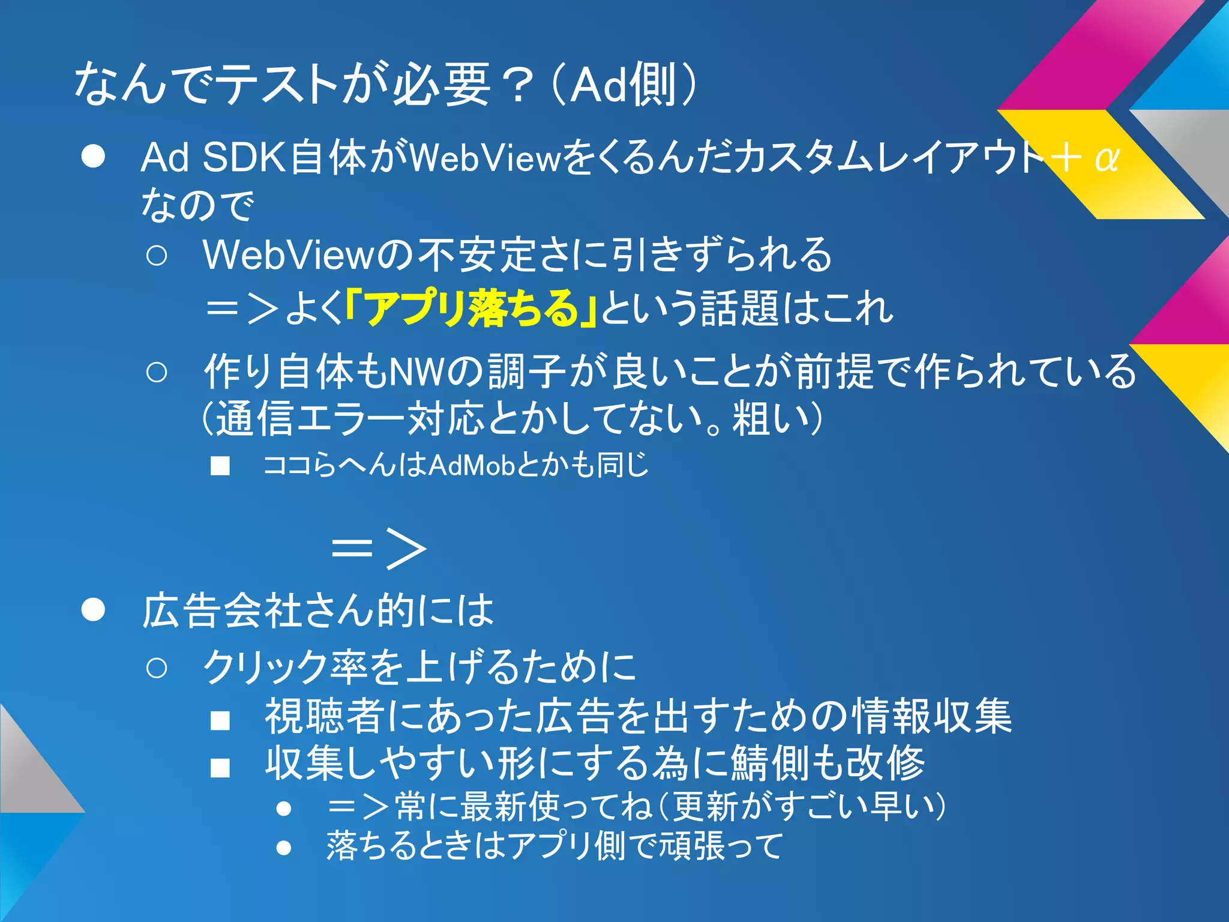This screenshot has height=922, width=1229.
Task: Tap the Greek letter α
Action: pos(1106,158)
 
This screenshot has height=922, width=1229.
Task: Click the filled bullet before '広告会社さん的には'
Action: pos(94,610)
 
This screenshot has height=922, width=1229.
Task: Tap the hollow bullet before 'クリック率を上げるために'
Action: pos(157,668)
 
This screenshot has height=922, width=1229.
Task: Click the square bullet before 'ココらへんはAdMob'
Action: pos(220,466)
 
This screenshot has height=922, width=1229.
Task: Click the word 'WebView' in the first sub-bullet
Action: pos(289,255)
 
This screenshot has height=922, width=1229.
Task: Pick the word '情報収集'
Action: pos(933,716)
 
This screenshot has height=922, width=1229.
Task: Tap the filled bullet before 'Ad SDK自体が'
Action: pos(94,157)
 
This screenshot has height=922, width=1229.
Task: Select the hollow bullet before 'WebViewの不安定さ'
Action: pos(157,256)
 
